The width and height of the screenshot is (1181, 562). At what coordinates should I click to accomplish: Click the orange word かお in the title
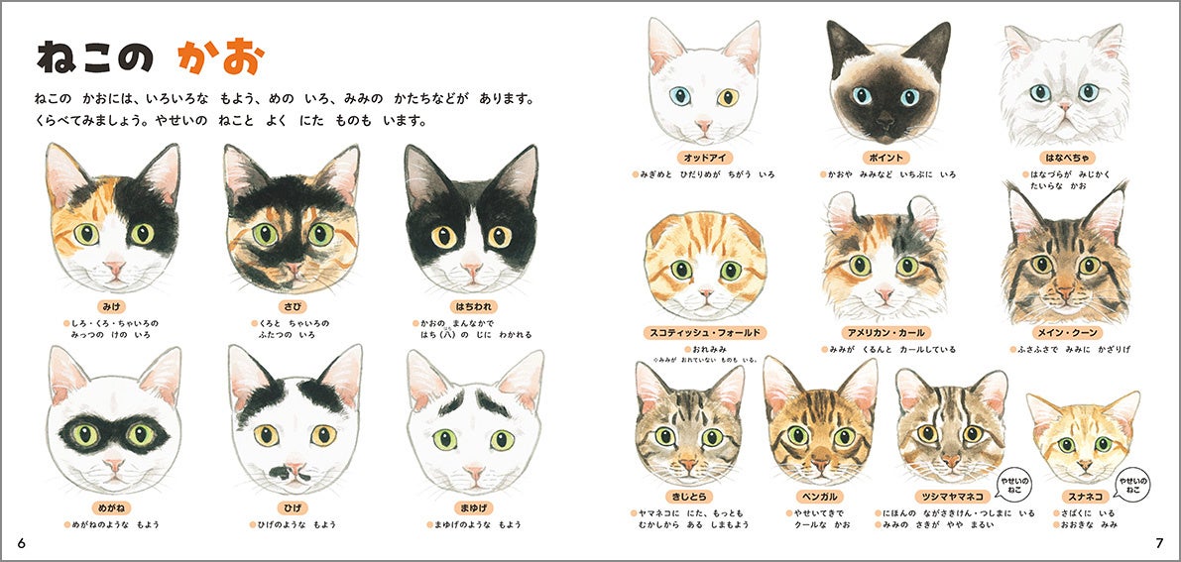pos(221,56)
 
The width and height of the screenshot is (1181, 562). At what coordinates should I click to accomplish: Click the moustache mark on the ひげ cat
pos(289,473)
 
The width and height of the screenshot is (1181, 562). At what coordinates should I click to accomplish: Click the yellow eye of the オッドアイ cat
pos(727,97)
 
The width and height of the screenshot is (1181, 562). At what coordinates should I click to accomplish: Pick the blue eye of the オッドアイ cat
pos(680,96)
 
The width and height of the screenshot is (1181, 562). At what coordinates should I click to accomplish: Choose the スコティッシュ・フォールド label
pos(704,332)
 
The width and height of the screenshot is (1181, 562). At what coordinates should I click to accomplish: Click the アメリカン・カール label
pos(885,332)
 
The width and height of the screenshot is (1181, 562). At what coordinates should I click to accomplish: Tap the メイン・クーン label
pos(1067,332)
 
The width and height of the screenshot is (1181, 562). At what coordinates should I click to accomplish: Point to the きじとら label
pos(687,497)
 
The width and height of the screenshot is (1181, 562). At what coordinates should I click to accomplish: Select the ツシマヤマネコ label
pos(952,497)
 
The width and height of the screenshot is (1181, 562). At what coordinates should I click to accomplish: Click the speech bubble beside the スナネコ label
pos(1132,485)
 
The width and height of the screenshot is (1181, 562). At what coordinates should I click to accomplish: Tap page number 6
pos(21,543)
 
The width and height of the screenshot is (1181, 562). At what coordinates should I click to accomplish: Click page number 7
pos(1159,543)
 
